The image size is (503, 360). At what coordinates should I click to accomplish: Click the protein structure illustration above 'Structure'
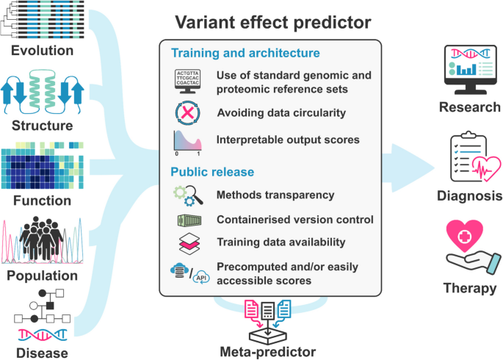click(x=48, y=94)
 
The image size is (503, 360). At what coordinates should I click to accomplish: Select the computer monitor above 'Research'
click(x=470, y=70)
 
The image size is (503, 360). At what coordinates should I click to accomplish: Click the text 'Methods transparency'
click(x=275, y=195)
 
